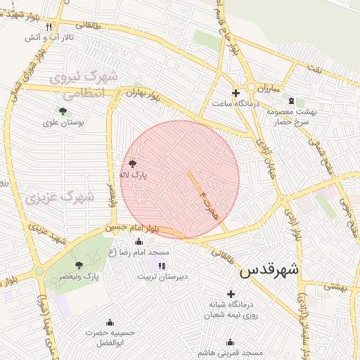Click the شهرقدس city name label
269,270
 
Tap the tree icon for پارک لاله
133,164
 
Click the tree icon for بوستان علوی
63,110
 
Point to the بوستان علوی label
63,122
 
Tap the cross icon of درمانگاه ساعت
236,92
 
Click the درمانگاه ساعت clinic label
236,103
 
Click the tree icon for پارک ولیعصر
78,265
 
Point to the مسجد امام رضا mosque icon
138,241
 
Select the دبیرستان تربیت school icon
162,265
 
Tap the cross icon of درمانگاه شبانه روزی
230,293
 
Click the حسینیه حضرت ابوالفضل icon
109,321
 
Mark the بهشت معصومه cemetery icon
291,101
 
